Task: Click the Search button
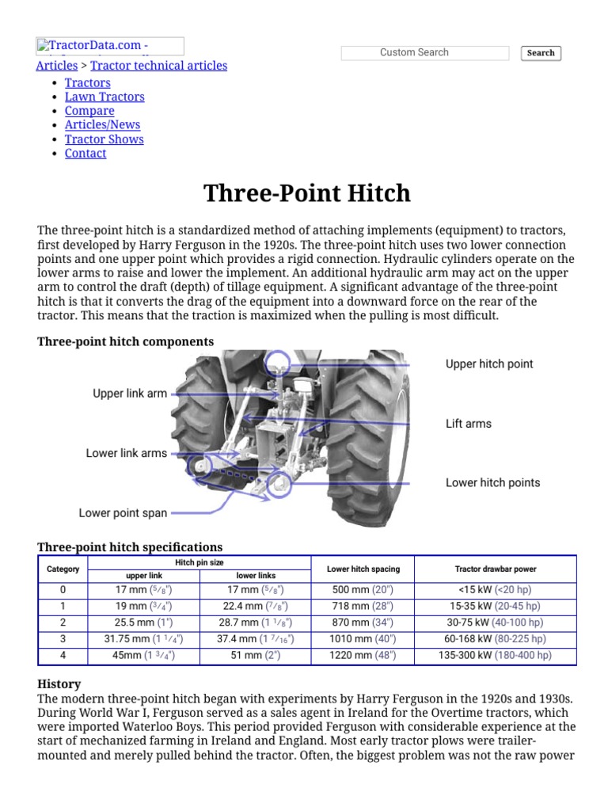541,53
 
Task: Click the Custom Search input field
424,53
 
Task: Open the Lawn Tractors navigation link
104,97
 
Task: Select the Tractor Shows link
104,139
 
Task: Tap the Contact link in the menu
85,154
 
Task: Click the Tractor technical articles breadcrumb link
158,66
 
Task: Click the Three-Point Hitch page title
307,193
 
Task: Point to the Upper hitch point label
489,364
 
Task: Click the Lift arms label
469,424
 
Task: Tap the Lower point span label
123,513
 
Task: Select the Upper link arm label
130,394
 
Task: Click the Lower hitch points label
492,483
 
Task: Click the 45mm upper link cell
144,656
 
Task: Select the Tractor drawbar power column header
496,569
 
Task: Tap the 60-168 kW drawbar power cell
496,639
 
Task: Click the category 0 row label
63,590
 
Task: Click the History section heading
59,683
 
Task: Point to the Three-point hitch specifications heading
130,547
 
